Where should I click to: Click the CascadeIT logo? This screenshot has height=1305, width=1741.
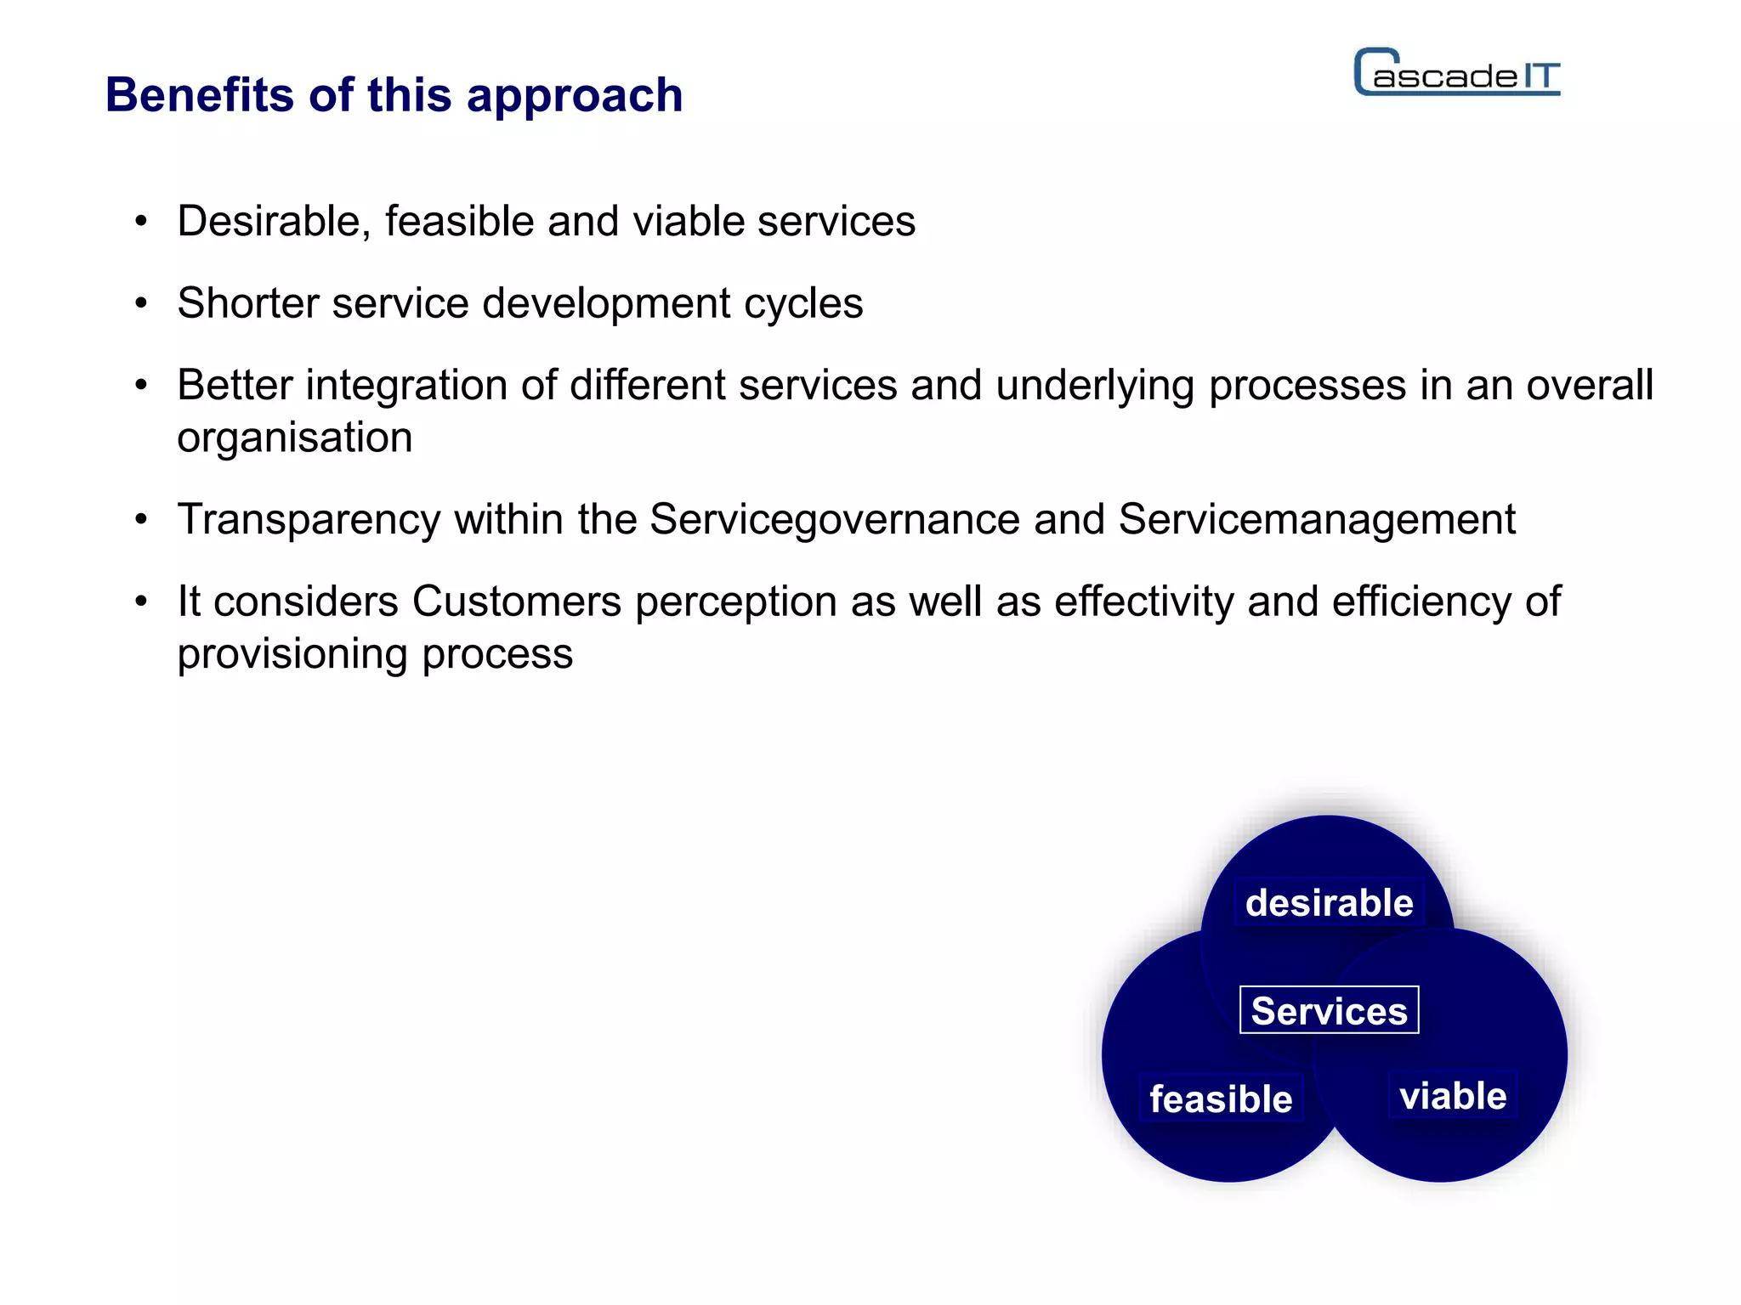tap(1456, 73)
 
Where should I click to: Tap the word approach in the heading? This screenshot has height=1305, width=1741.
tap(574, 96)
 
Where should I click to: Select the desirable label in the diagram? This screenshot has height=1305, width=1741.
tap(1329, 902)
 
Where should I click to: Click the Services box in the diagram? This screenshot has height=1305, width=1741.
tap(1329, 1010)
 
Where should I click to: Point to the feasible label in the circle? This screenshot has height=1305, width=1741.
tap(1220, 1099)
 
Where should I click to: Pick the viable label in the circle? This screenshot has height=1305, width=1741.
tap(1452, 1096)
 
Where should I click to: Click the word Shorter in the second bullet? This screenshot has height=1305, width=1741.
tap(247, 303)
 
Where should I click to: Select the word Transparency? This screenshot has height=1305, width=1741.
tap(309, 520)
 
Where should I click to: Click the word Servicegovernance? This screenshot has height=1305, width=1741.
tap(834, 519)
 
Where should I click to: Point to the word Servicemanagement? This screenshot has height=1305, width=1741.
tap(1316, 519)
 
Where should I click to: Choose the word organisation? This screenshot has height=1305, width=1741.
tap(294, 438)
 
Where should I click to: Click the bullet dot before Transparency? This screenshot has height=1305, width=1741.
tap(141, 519)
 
